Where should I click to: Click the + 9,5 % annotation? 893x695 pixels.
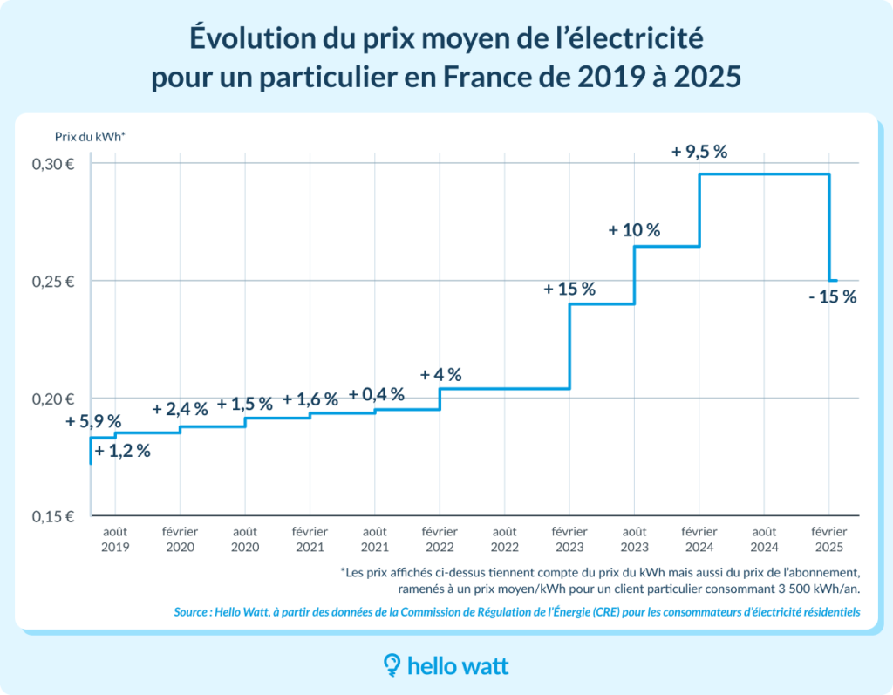click(699, 152)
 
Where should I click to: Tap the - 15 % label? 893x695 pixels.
click(832, 296)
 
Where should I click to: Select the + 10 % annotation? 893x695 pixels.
click(635, 231)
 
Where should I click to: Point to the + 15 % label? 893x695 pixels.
click(569, 289)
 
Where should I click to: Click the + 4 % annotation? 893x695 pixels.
click(440, 375)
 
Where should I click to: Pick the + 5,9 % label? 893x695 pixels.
click(93, 422)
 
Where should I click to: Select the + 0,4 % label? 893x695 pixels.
click(377, 394)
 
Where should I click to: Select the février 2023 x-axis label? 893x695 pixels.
click(569, 539)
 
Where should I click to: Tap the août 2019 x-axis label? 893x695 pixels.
click(115, 539)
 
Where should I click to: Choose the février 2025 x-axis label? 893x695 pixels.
click(828, 539)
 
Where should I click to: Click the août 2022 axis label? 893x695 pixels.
click(505, 539)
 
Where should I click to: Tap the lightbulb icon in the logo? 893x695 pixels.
click(392, 666)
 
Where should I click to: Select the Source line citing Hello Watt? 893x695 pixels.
click(517, 612)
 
